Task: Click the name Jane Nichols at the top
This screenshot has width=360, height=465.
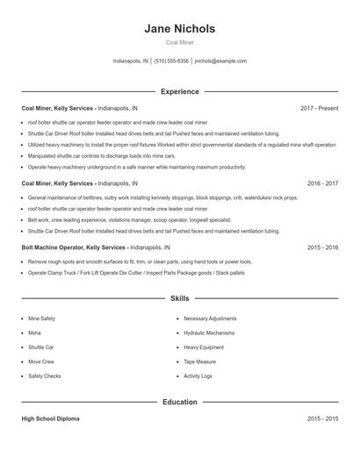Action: [179, 29]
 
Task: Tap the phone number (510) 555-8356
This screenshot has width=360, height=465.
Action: [171, 61]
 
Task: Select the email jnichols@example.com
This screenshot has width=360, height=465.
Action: [220, 61]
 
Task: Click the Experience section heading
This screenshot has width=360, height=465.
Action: [179, 91]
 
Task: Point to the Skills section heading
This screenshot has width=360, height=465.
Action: [179, 299]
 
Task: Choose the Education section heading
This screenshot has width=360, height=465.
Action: [179, 402]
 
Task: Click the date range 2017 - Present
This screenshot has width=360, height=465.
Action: [319, 108]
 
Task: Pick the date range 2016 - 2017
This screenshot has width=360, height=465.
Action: [323, 183]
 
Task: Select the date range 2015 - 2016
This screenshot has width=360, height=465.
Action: [323, 248]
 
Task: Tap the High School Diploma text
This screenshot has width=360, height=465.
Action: [50, 419]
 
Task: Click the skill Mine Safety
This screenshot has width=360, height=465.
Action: [41, 318]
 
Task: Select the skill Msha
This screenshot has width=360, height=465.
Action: [34, 333]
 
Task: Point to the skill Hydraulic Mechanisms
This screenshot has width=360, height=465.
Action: [209, 333]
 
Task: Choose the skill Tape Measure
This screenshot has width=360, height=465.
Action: [200, 361]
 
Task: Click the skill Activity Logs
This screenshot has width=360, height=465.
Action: [198, 376]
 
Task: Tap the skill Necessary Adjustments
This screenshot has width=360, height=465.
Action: [210, 318]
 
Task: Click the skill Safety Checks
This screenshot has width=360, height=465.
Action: [44, 376]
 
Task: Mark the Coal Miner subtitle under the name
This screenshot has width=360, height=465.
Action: [179, 43]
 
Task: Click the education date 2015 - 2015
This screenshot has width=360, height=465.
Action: [323, 419]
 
